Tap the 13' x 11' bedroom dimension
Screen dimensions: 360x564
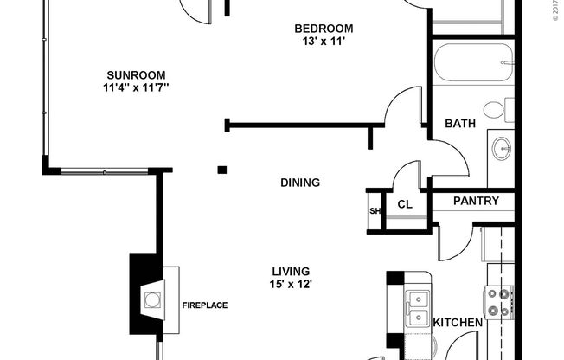[324, 42]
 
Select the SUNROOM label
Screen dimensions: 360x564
[136, 74]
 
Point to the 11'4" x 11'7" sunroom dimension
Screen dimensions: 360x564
[136, 87]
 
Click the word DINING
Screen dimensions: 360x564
[300, 183]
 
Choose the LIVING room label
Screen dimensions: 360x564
[290, 271]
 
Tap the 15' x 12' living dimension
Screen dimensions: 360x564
[290, 284]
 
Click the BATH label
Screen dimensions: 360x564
[460, 124]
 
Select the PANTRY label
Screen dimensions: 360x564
[477, 202]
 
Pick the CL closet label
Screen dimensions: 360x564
[404, 205]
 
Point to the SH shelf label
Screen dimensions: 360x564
[375, 210]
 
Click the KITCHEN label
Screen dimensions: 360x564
[458, 323]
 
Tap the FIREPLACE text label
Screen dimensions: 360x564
[205, 305]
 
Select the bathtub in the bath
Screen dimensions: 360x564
[472, 62]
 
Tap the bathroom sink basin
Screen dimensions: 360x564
[501, 150]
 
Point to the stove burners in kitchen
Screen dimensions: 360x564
[499, 303]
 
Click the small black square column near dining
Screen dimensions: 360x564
[222, 170]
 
